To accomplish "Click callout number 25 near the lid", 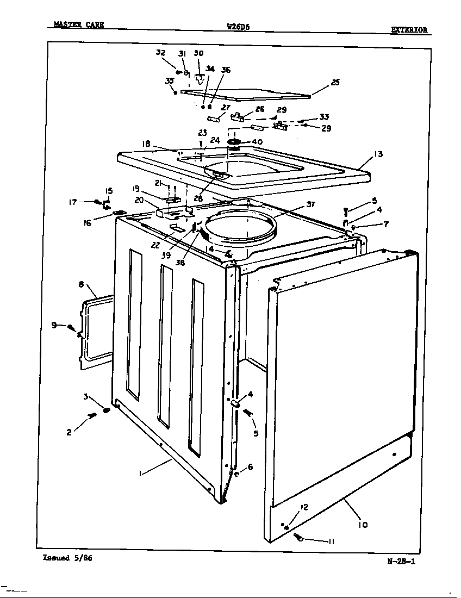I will coord(335,83).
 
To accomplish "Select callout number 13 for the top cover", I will coord(378,154).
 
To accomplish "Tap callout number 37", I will coord(310,204).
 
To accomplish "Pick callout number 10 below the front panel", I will coord(363,525).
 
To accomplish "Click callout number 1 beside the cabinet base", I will coord(140,474).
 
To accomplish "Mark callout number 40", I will coord(257,142).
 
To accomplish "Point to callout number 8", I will coord(81,284).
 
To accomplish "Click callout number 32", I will coord(160,53).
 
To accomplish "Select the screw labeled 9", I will coord(71,327).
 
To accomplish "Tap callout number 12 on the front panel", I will coord(304,507).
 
